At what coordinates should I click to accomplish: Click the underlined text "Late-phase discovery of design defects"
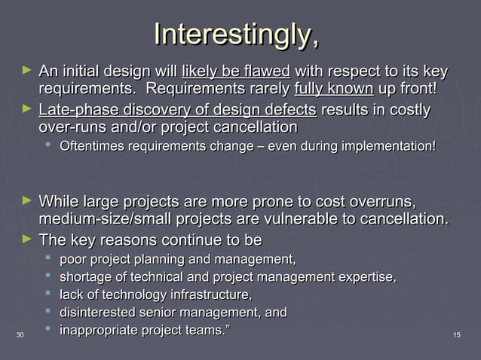pos(177,111)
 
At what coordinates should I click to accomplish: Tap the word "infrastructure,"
pos(207,294)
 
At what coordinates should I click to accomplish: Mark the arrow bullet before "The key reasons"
pos(27,239)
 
